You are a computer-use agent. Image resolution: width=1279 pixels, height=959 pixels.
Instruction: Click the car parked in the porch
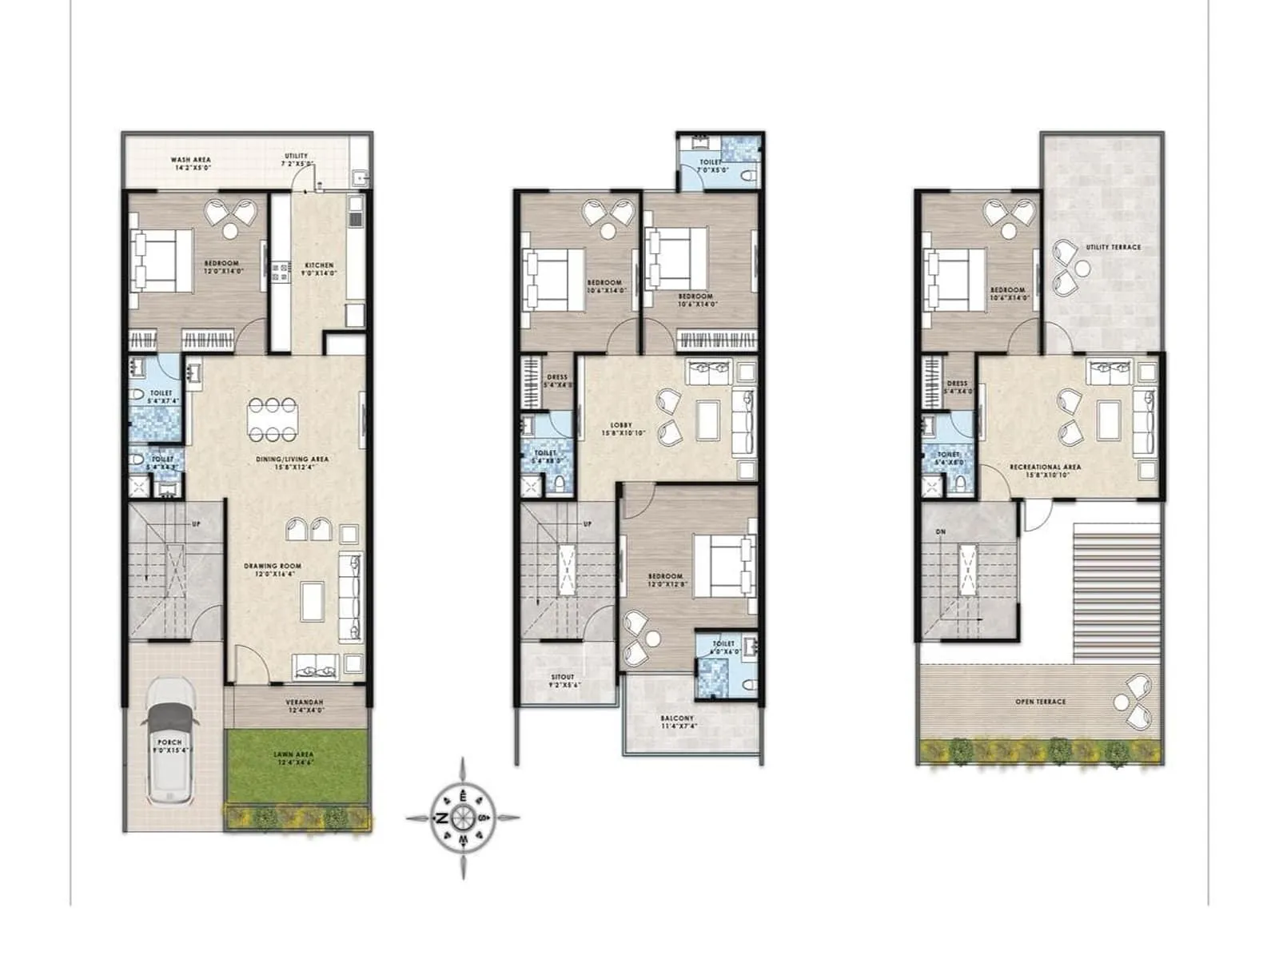tap(169, 741)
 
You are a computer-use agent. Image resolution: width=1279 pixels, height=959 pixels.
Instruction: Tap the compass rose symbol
tap(463, 818)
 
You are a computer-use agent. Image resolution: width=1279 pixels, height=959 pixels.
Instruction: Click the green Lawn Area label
tap(293, 754)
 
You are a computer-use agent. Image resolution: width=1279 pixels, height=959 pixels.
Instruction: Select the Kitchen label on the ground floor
tap(319, 265)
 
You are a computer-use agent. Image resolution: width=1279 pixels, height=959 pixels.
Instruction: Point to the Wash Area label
tap(190, 160)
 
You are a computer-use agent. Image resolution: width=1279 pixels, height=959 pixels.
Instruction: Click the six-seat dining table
tap(273, 420)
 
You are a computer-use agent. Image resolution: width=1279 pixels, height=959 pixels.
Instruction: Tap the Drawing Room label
tap(272, 566)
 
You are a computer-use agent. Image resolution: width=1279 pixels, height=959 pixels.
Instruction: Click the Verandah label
tap(304, 703)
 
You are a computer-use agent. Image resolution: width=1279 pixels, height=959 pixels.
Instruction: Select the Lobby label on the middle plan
tap(620, 425)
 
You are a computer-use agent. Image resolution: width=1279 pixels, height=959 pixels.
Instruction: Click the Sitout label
tap(563, 678)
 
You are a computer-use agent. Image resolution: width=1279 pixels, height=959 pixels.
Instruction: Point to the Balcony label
tap(677, 718)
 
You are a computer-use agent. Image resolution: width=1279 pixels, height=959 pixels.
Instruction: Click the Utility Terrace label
tap(1113, 248)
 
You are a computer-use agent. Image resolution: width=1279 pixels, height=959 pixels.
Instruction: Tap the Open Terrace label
tap(1040, 702)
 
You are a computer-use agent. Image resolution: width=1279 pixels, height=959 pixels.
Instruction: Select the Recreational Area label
tap(1045, 467)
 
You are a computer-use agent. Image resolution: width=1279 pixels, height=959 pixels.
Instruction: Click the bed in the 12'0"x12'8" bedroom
tap(724, 566)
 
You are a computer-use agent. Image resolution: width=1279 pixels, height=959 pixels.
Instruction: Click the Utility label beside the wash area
tap(296, 157)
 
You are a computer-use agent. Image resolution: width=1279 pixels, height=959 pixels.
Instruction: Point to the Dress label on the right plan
tap(957, 384)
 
